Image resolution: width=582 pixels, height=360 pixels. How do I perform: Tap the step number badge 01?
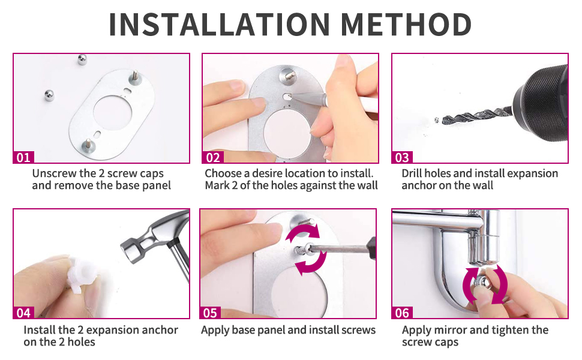(x=23, y=158)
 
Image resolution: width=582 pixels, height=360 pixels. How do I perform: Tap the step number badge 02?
(x=213, y=158)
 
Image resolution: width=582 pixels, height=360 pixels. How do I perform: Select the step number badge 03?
(x=402, y=158)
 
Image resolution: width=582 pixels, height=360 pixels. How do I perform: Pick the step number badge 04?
(x=23, y=313)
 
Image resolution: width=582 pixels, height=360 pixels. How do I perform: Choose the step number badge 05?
(x=211, y=313)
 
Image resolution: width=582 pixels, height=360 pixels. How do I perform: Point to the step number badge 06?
(x=402, y=313)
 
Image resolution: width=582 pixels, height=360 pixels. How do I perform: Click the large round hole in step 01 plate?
(x=115, y=113)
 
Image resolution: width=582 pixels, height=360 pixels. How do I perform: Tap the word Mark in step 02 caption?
(x=217, y=185)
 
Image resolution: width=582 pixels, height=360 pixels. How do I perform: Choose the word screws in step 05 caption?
(x=356, y=330)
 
